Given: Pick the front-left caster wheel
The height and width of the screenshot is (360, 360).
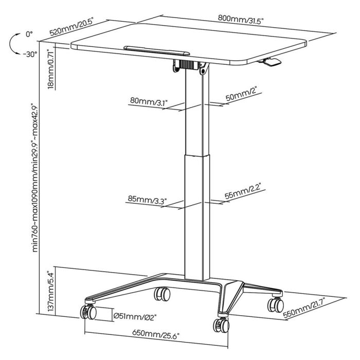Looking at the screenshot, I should tap(87, 312).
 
